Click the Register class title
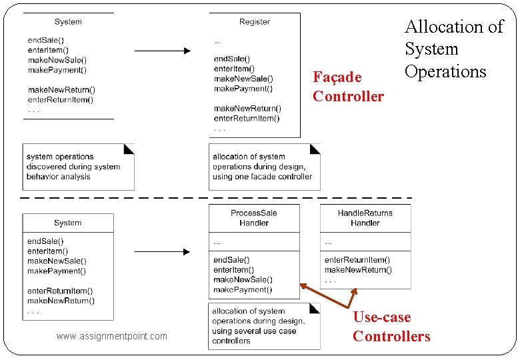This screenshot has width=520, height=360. click(255, 22)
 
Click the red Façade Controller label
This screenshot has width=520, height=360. click(348, 87)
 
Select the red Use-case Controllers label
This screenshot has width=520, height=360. click(391, 327)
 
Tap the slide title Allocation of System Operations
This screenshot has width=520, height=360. click(454, 49)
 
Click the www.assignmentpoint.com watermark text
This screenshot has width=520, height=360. click(112, 336)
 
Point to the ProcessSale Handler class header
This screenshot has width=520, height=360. click(254, 218)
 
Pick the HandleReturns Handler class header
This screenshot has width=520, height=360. click(365, 218)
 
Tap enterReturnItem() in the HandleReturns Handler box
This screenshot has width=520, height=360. click(357, 260)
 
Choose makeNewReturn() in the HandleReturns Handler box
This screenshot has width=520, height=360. click(358, 270)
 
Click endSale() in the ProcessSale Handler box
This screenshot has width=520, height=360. click(231, 260)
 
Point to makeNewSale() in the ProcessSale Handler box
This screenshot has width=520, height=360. click(243, 280)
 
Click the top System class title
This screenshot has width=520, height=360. click(68, 22)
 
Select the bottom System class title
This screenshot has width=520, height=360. click(68, 223)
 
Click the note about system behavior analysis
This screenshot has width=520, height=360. click(78, 167)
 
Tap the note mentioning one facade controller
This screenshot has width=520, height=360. click(264, 167)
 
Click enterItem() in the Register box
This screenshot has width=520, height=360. click(234, 69)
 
